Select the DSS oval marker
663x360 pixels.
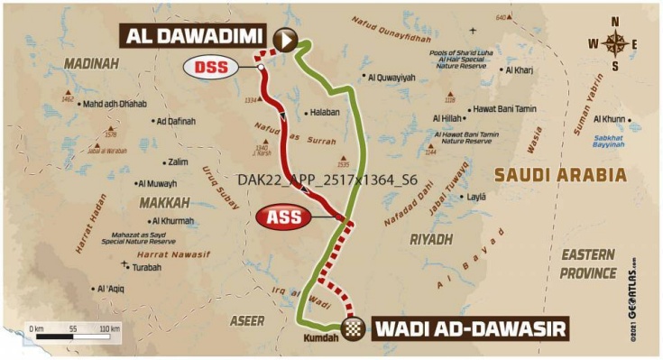coord(209,67)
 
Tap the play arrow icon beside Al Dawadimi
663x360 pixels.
coord(286,39)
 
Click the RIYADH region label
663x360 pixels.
coord(430,239)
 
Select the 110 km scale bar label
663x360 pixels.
coord(109,329)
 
